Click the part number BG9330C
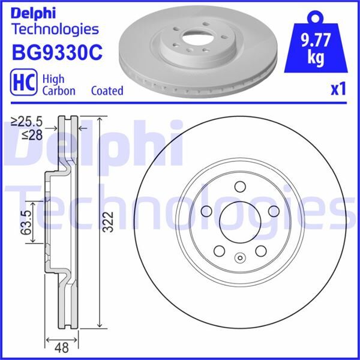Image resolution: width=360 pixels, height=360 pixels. [x=58, y=53]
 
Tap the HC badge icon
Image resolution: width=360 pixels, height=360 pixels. [x=23, y=85]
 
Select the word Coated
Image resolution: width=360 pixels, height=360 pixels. [x=107, y=91]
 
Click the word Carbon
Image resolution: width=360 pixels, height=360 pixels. [x=58, y=91]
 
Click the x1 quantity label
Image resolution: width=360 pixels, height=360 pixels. [x=338, y=89]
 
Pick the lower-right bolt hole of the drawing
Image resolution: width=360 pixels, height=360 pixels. [x=261, y=252]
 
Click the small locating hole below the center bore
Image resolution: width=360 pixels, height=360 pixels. [x=239, y=259]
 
